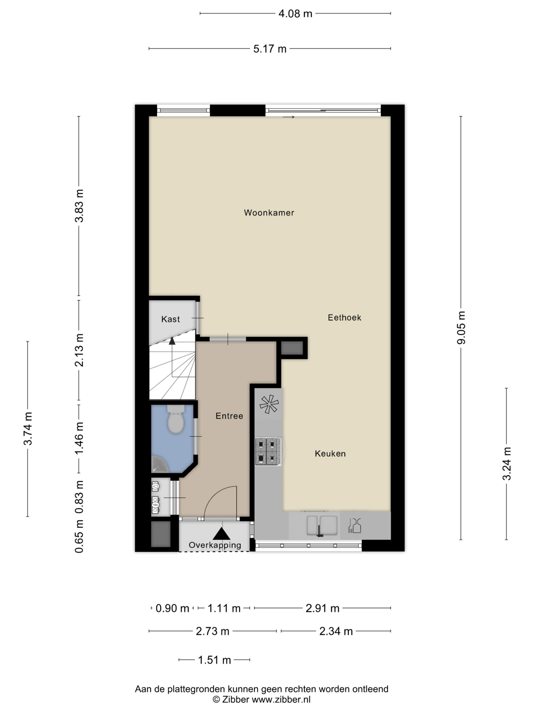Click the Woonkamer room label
coord(269,212)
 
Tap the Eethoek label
coord(344,317)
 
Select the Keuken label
coord(330,454)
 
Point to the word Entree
coord(229,416)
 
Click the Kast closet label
coord(170,319)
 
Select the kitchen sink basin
coord(322,525)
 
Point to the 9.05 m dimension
coord(461,328)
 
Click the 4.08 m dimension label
coord(295,14)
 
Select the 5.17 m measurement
coord(270,49)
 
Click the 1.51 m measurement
coord(214,660)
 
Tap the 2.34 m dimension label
coord(336,631)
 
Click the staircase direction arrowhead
coord(172,340)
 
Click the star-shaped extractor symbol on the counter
coord(269,404)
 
